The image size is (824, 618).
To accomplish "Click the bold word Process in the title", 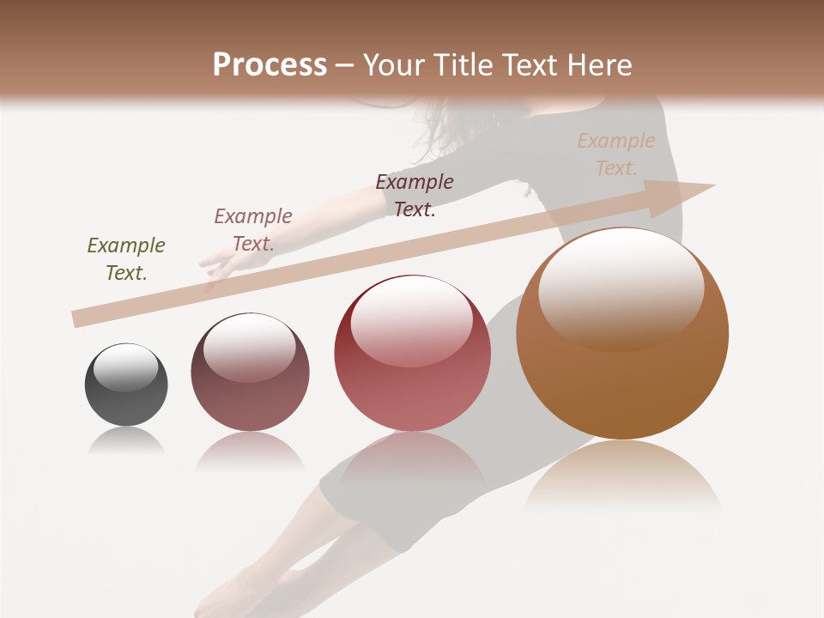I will coord(270,65).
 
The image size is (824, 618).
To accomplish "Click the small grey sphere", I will coord(126,385).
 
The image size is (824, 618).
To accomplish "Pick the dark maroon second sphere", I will coord(250,372).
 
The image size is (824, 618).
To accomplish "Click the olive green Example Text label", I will coord(126,259).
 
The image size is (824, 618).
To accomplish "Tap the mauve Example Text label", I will coord(253,230).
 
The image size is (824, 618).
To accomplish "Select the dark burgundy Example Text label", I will coord(415,195).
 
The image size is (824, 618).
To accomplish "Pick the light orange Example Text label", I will coord(615,154).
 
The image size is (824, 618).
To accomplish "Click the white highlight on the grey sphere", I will coord(125,367).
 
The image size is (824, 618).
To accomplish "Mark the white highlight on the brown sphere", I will coord(621,287).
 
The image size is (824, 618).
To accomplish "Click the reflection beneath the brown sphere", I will coord(622,472).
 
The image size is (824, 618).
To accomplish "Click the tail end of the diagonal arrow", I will coord(77,319).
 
